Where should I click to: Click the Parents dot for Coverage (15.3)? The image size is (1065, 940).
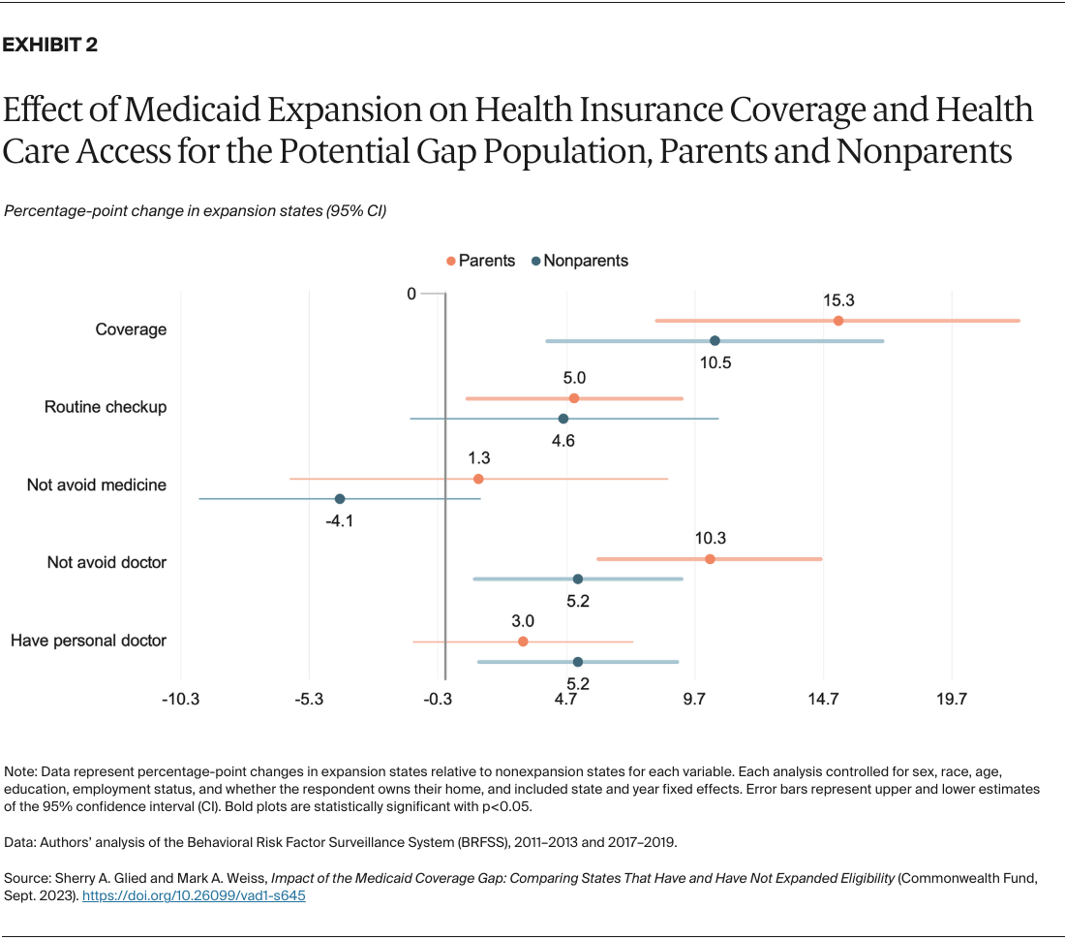[x=838, y=321]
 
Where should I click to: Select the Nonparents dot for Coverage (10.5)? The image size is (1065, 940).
[x=715, y=341]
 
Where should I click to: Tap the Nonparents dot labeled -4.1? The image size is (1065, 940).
[x=340, y=499]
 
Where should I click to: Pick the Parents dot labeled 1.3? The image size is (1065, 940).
[x=478, y=479]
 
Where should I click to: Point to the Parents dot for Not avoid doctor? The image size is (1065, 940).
[x=710, y=559]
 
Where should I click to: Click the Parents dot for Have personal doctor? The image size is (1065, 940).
[x=523, y=642]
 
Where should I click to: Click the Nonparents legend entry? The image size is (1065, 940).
[x=580, y=261]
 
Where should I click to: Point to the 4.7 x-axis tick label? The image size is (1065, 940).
[x=566, y=699]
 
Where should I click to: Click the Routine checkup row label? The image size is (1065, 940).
[x=106, y=407]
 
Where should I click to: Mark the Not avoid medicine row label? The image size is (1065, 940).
[x=97, y=485]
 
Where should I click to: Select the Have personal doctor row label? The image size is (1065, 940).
[x=88, y=641]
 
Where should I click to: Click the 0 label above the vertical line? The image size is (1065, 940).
[x=411, y=294]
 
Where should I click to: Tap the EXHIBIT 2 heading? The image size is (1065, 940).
[x=49, y=45]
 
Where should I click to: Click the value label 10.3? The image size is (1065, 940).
[x=710, y=539]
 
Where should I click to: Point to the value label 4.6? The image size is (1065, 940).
[x=563, y=440]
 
